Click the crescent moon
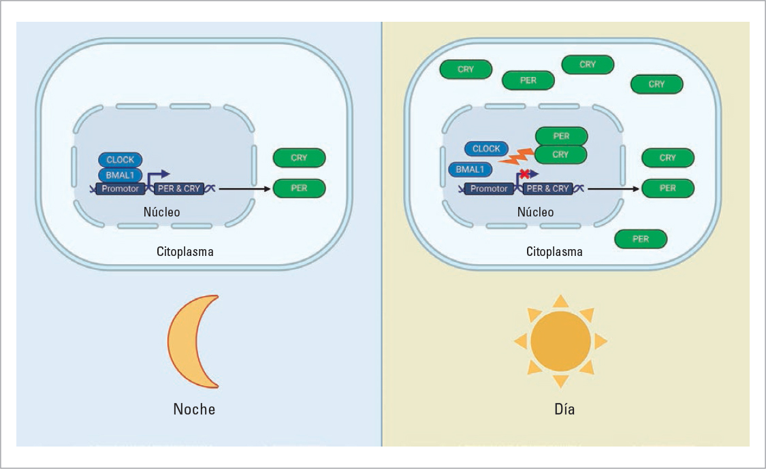[x=187, y=342]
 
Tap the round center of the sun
[x=560, y=341]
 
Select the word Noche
[x=194, y=409]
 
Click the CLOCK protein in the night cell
[x=121, y=160]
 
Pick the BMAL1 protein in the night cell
[x=120, y=175]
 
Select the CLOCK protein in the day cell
[x=486, y=148]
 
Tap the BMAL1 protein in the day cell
[x=470, y=170]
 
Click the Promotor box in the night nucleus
[x=120, y=189]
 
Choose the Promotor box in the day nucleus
[x=489, y=189]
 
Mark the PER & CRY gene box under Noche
[x=179, y=189]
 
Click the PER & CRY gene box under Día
[x=548, y=189]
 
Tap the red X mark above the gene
[x=524, y=174]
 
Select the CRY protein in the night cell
[x=299, y=158]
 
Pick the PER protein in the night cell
[x=299, y=188]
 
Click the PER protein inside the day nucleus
[x=561, y=136]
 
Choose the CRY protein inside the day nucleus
[x=560, y=155]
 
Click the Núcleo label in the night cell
[x=161, y=212]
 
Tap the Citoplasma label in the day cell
[x=554, y=251]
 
